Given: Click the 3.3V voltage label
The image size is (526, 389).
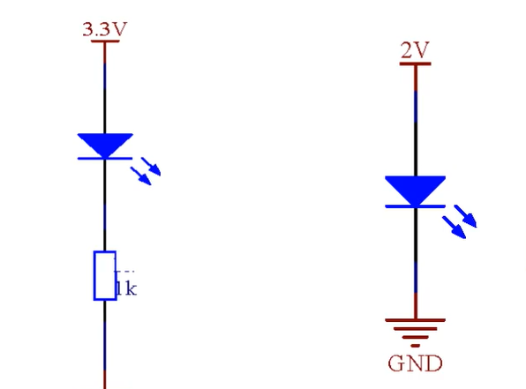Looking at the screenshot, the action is (105, 29).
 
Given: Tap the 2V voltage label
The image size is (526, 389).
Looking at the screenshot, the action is (415, 50).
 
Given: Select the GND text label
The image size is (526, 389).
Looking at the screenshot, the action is (415, 363).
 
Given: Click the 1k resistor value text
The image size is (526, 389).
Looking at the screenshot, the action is (126, 288).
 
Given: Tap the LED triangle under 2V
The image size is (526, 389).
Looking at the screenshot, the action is (416, 191).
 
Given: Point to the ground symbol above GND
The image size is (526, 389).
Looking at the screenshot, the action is (416, 333).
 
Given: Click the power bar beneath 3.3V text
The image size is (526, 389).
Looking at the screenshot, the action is (105, 41).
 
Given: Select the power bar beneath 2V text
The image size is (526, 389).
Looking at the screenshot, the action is (416, 64).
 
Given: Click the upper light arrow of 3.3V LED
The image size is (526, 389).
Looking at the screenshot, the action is (151, 167).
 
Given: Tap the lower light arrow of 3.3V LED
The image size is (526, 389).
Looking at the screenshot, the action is (141, 176).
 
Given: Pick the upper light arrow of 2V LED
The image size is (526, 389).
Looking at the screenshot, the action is (466, 216).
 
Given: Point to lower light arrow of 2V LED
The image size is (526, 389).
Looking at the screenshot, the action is (455, 228).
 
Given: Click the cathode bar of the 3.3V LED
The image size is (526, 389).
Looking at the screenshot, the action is (105, 158).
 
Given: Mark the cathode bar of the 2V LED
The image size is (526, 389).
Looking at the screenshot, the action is (416, 206).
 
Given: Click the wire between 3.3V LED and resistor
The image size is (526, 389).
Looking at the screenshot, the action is (105, 206).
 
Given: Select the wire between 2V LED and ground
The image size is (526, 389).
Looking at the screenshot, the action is (416, 263).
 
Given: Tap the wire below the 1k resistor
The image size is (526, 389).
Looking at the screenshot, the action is (105, 345).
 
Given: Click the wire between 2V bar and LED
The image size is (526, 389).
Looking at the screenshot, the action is (416, 121).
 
